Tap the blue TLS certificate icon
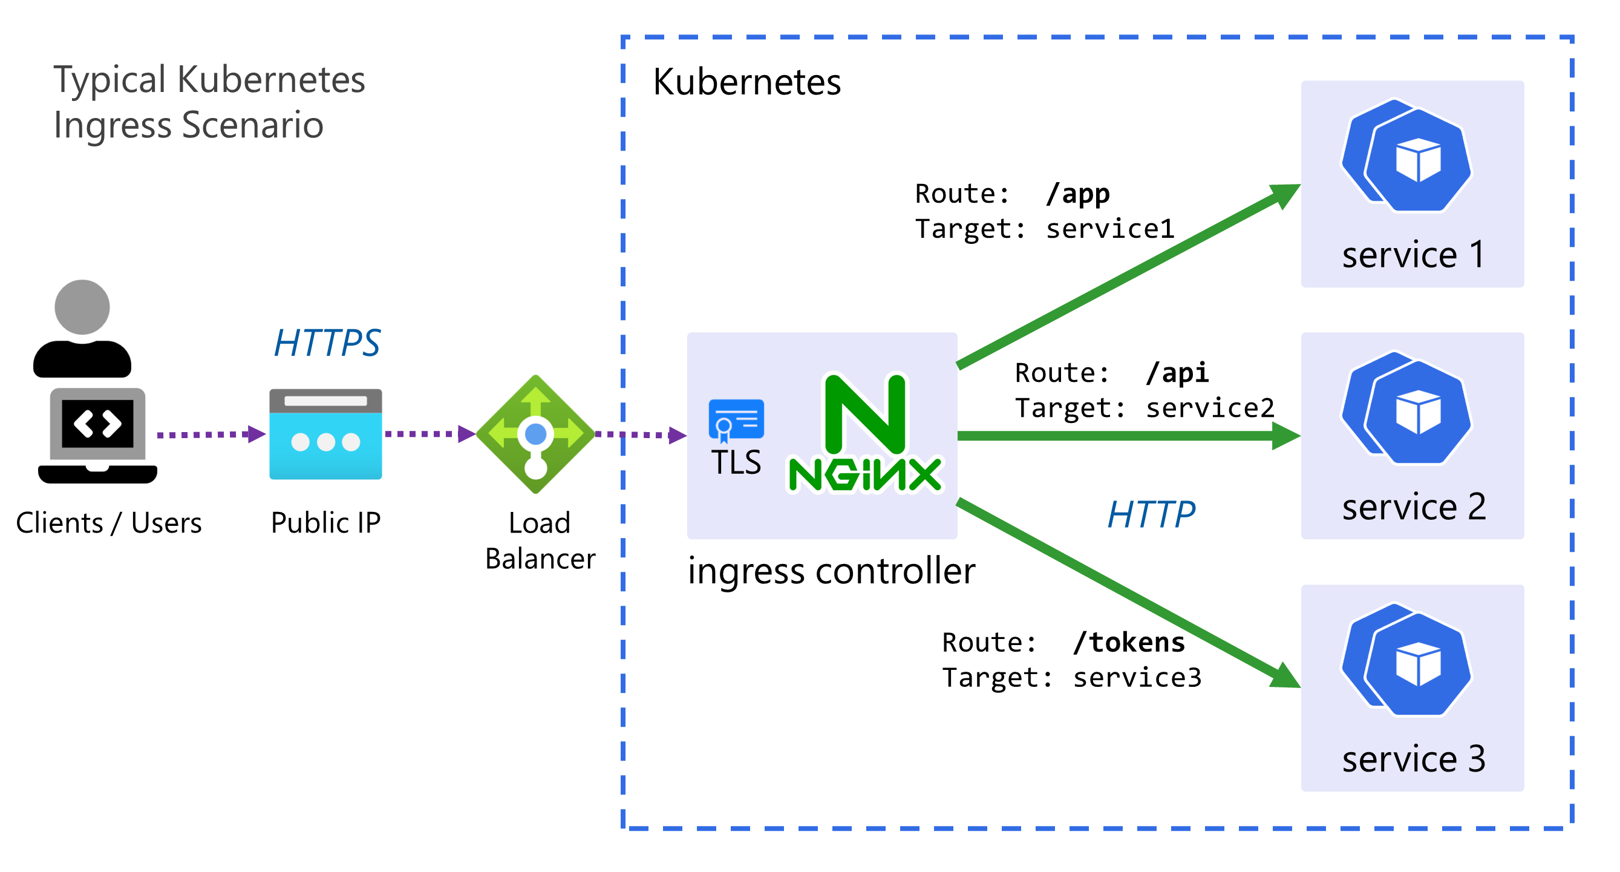click(736, 419)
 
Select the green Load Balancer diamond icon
click(535, 434)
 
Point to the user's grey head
click(82, 306)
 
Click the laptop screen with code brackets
click(97, 424)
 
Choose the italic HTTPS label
click(327, 343)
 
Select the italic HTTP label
click(1151, 514)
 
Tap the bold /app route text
click(1077, 193)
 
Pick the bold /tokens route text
click(1129, 643)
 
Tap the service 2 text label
click(1413, 507)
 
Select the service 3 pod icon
click(1407, 660)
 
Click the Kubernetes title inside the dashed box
click(746, 82)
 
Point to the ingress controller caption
click(831, 571)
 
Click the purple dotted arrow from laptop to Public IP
click(211, 434)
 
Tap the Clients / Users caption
click(109, 523)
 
